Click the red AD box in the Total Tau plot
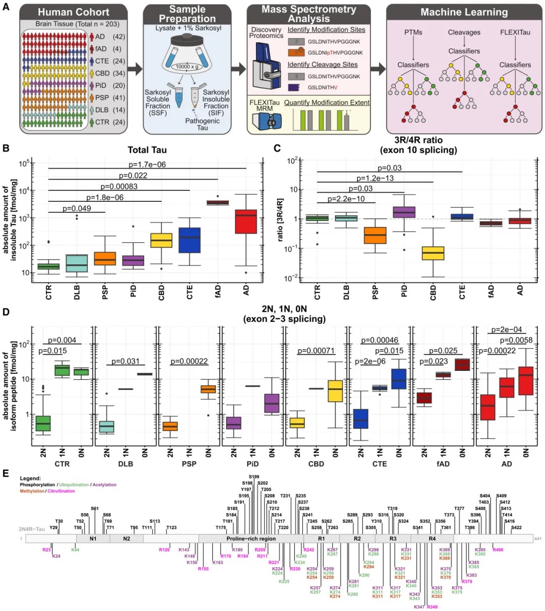coord(246,221)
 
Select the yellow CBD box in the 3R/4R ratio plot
coord(433,252)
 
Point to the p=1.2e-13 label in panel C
coord(375,178)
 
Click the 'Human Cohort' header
coord(74,12)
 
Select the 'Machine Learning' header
coord(464,12)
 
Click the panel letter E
coord(6,473)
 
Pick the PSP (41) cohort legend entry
coord(107,97)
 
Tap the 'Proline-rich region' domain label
coord(251,539)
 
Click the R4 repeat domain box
coord(432,539)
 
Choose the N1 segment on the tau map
coord(93,539)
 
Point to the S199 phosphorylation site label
coord(254,477)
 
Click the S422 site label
coord(516,528)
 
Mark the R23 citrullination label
coord(46,549)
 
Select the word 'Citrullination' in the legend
coord(61,491)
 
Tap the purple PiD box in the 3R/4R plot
coord(404,212)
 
